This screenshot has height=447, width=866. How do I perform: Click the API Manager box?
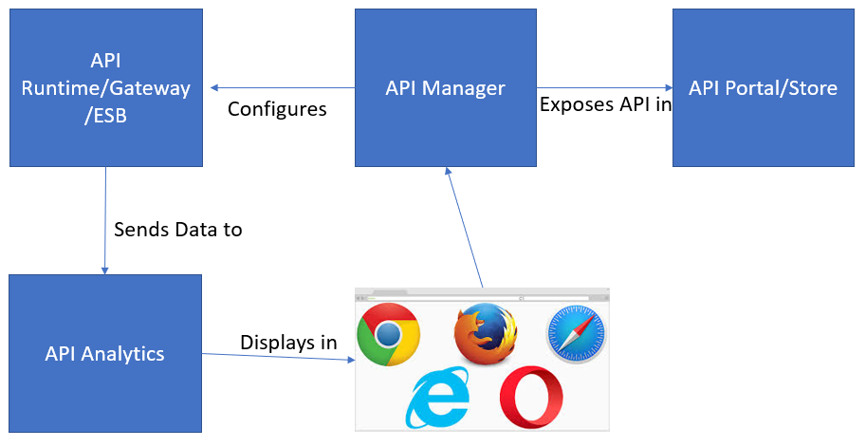pyautogui.click(x=445, y=87)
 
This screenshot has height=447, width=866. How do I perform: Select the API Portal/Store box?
pyautogui.click(x=764, y=87)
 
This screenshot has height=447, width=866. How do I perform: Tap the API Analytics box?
pyautogui.click(x=105, y=353)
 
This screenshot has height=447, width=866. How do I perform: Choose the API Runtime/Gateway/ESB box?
pyautogui.click(x=105, y=87)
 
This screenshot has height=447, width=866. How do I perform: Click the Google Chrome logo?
pyautogui.click(x=389, y=335)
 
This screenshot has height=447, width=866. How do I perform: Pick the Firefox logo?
pyautogui.click(x=485, y=334)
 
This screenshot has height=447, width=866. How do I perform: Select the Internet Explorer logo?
pyautogui.click(x=437, y=398)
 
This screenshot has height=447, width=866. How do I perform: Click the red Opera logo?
pyautogui.click(x=531, y=398)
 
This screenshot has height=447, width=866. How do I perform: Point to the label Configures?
pyautogui.click(x=277, y=109)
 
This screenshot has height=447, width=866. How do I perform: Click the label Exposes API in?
pyautogui.click(x=604, y=104)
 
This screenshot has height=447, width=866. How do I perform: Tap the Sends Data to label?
pyautogui.click(x=178, y=229)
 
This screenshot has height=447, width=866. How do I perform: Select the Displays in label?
pyautogui.click(x=288, y=343)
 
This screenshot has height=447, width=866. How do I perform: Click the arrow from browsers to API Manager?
pyautogui.click(x=464, y=228)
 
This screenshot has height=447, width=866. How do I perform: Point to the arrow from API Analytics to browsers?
pyautogui.click(x=279, y=358)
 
